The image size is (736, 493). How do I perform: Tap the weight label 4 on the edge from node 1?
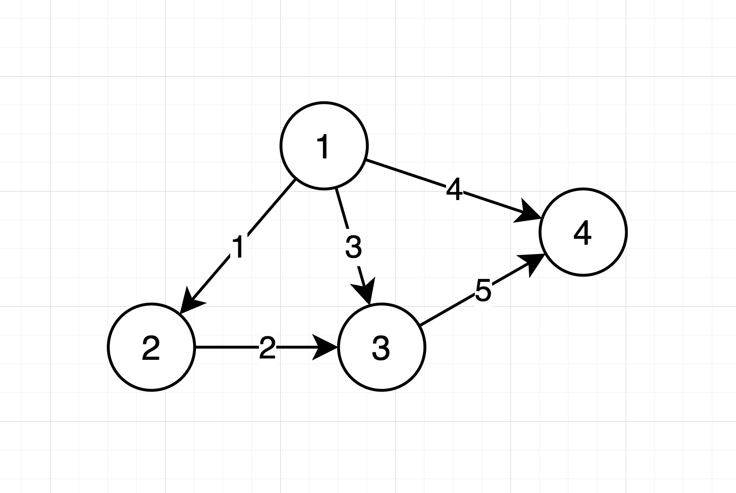[454, 190]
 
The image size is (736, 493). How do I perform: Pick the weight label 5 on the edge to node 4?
[483, 291]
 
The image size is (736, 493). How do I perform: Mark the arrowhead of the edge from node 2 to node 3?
[325, 347]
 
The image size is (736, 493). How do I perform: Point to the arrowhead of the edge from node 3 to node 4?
[531, 263]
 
